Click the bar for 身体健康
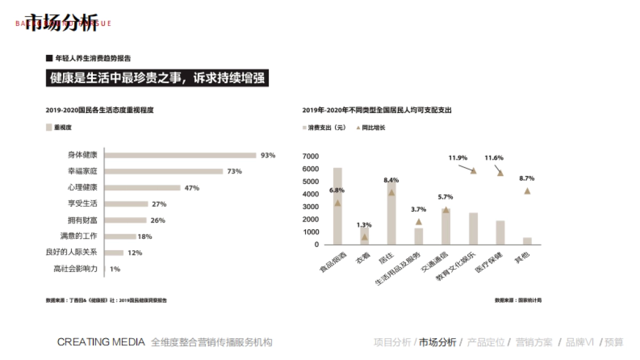(180, 155)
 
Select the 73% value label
(235, 171)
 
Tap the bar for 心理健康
(142, 188)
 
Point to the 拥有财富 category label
(83, 220)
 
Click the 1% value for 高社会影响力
(115, 269)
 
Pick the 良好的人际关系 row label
(71, 252)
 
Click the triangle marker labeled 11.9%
(473, 171)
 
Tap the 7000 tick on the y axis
(310, 156)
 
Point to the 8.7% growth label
(526, 178)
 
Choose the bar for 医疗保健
(500, 233)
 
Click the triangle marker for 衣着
(365, 237)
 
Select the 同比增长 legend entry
(371, 128)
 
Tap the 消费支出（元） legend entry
(324, 128)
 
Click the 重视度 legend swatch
(49, 127)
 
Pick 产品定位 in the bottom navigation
(485, 342)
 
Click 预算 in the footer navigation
(614, 342)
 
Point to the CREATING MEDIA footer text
(101, 342)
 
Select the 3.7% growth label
(419, 209)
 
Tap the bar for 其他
(527, 241)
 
